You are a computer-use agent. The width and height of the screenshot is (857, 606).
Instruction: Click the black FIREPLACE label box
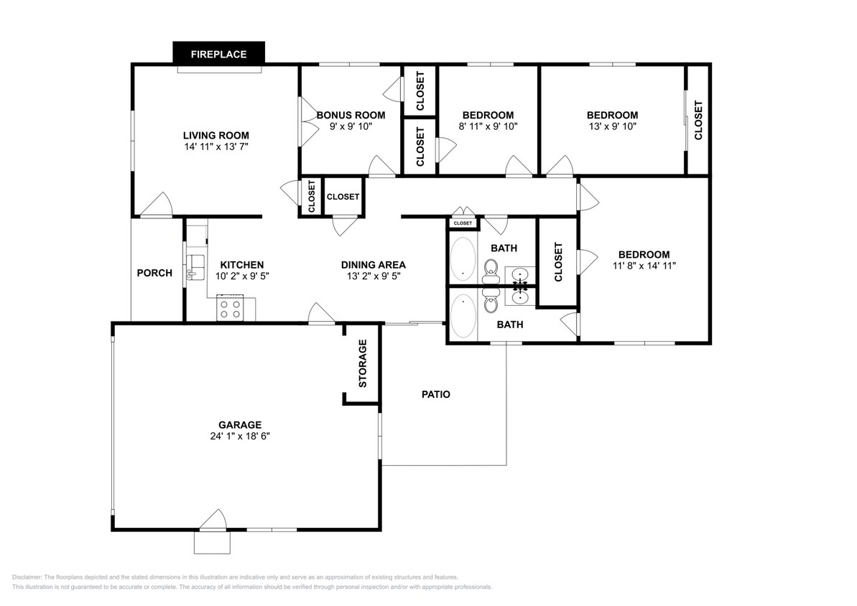[218, 53]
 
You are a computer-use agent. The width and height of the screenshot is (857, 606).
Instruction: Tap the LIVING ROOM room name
[216, 135]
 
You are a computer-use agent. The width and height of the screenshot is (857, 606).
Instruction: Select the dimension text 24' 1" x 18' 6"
[239, 435]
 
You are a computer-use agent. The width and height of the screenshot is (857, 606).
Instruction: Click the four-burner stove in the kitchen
[231, 309]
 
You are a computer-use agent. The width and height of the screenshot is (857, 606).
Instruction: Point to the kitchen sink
[195, 267]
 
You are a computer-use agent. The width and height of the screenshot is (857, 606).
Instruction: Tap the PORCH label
[154, 273]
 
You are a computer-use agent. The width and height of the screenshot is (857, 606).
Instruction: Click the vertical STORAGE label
[363, 363]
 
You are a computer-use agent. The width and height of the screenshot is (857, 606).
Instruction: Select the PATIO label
[435, 394]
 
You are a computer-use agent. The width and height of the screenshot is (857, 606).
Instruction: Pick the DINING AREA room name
[374, 264]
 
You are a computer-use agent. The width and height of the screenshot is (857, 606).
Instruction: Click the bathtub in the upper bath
[463, 259]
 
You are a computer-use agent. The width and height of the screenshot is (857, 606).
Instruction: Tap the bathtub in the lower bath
[463, 316]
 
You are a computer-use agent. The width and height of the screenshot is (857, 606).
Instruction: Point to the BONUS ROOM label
[351, 115]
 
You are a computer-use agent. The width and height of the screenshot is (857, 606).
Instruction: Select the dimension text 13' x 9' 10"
[612, 126]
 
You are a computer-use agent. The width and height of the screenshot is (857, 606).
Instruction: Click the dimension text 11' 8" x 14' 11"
[644, 265]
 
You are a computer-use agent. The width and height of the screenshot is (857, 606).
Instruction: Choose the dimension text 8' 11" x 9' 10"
[488, 126]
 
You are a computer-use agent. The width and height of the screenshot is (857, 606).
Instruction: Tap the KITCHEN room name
[241, 264]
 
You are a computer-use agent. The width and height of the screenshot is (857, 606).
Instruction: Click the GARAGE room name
[239, 424]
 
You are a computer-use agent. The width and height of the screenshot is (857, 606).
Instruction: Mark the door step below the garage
[212, 542]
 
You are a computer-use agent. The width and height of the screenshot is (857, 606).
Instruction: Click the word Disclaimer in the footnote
[27, 577]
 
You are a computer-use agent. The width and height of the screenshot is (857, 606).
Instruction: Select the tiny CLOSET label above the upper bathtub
[463, 223]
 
